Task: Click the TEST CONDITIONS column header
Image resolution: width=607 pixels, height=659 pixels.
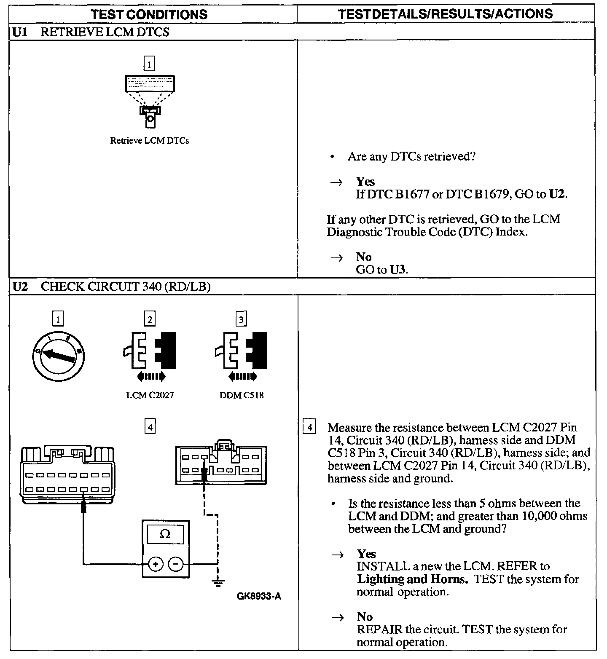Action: (x=150, y=14)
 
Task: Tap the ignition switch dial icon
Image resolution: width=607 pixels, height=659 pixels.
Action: (x=59, y=354)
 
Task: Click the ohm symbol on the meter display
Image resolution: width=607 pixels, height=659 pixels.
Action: (x=165, y=534)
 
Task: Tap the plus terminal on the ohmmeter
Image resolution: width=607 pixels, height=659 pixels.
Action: (x=156, y=564)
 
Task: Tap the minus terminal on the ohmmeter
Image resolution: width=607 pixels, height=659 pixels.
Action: (x=176, y=564)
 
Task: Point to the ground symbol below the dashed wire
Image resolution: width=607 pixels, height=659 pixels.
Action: (x=218, y=583)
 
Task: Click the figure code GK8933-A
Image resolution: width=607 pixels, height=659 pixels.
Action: (x=259, y=596)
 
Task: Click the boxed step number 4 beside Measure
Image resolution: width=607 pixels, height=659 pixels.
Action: (x=309, y=427)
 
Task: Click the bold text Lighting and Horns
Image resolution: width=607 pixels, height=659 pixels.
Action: (x=412, y=579)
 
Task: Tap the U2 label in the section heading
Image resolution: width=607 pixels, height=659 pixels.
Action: (x=20, y=287)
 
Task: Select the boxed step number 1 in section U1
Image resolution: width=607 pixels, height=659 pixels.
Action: (x=149, y=64)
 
